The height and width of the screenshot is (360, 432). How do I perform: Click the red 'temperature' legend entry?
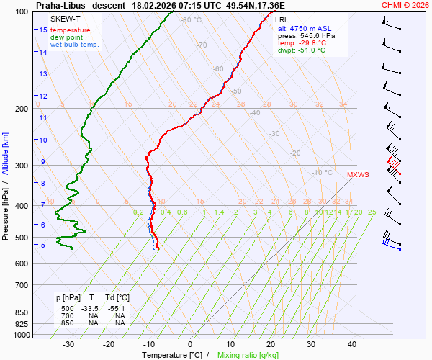click(x=71, y=30)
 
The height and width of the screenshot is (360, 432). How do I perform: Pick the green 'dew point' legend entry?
click(x=66, y=37)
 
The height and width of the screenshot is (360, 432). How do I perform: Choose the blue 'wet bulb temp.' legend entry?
click(x=74, y=45)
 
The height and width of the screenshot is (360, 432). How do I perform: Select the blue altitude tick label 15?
click(x=43, y=30)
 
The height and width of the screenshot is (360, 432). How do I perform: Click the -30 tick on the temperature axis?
click(x=69, y=344)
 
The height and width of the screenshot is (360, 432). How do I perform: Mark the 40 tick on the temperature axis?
click(x=352, y=344)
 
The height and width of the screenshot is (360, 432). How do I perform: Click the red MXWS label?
click(x=357, y=175)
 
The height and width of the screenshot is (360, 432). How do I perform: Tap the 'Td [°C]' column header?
click(x=117, y=297)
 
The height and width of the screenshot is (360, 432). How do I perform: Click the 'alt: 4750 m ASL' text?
click(x=305, y=27)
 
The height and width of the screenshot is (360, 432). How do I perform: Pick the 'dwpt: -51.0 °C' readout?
click(x=302, y=50)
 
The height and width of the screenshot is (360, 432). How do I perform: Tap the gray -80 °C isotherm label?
click(x=191, y=20)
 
